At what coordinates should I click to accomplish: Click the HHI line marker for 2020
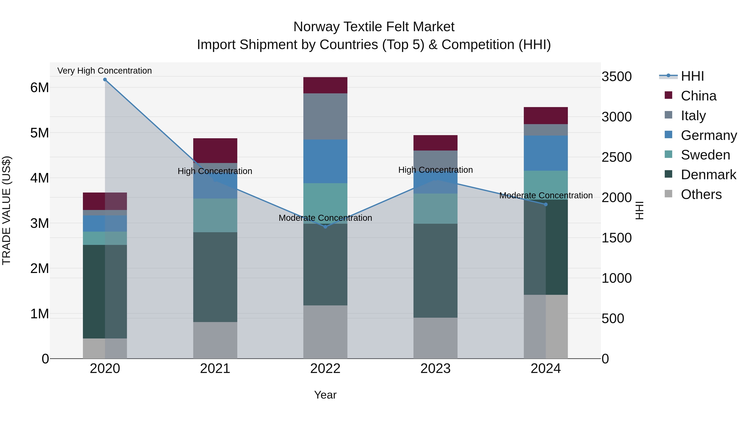click(x=105, y=80)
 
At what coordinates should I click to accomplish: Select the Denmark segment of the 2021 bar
click(x=215, y=277)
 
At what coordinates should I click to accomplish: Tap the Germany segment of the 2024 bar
click(x=546, y=153)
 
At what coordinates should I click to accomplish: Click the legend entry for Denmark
click(x=708, y=175)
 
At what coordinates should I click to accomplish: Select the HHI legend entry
click(x=692, y=76)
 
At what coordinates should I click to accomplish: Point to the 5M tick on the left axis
click(x=39, y=133)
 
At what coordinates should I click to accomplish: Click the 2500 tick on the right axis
click(x=616, y=157)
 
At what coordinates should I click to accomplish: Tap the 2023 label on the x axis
click(x=435, y=369)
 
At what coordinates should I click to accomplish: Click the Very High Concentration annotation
click(x=105, y=71)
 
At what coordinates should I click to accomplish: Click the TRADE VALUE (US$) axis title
click(x=6, y=210)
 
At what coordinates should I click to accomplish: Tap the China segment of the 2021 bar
click(x=215, y=151)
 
